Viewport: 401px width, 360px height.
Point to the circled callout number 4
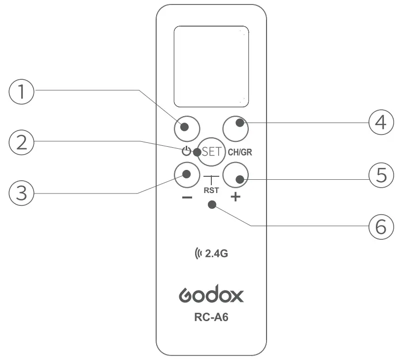pos(381,122)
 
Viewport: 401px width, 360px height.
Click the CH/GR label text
pos(240,152)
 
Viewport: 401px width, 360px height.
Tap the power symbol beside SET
pos(186,152)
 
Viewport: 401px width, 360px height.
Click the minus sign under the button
pos(187,197)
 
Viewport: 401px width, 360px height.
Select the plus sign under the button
pos(235,197)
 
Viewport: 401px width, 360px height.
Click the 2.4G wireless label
pos(212,254)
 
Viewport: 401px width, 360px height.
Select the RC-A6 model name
pos(211,318)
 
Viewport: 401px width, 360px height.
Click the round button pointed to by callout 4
pos(235,128)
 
